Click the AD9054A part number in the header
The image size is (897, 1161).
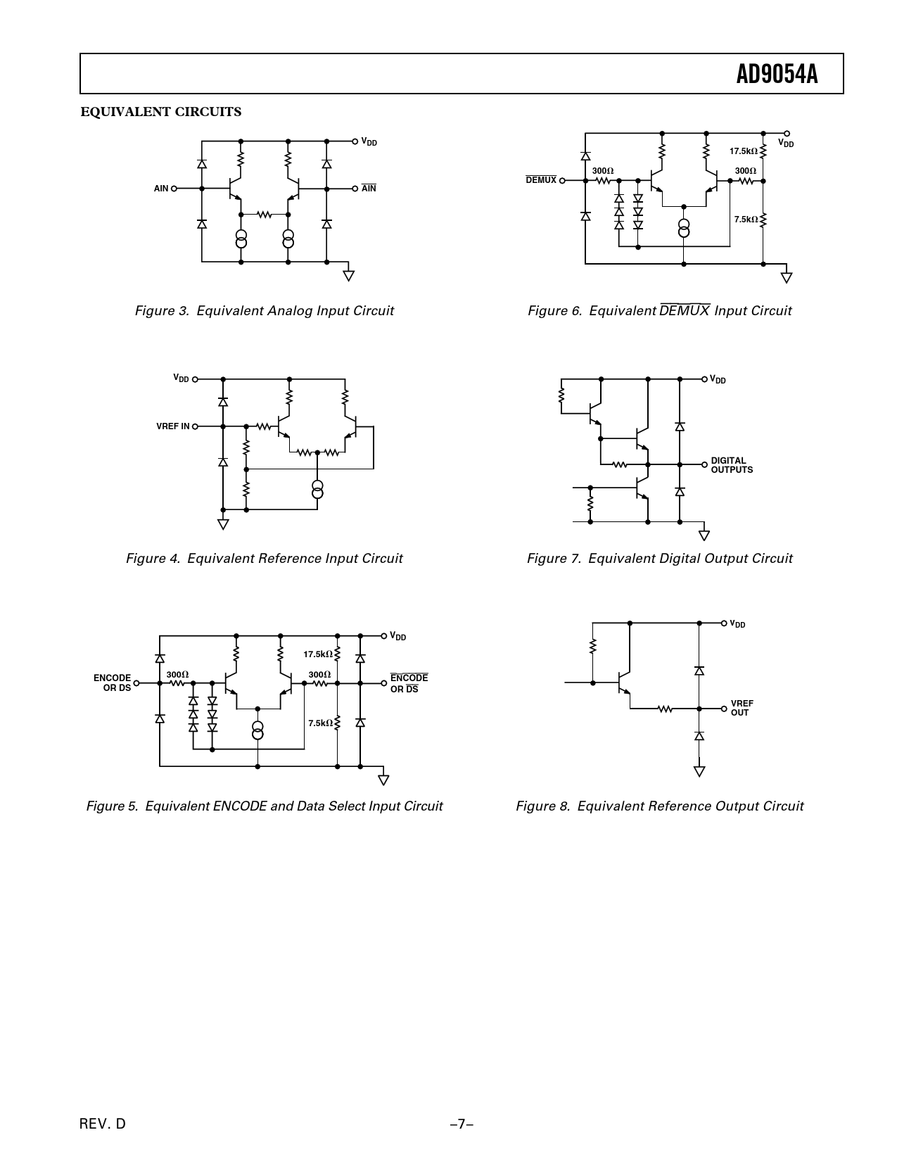click(x=777, y=75)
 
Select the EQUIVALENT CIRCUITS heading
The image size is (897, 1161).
click(x=161, y=112)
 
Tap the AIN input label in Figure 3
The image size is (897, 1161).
click(x=161, y=189)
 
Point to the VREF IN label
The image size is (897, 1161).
click(x=172, y=426)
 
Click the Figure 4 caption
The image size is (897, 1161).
click(x=264, y=558)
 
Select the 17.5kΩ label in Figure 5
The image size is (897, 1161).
click(x=318, y=654)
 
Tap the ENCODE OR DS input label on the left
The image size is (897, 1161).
click(x=112, y=683)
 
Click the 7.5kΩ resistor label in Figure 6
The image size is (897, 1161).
click(x=746, y=219)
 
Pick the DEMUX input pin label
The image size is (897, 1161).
click(x=541, y=180)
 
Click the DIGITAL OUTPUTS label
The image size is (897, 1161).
click(x=732, y=465)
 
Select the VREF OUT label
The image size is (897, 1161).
click(x=742, y=708)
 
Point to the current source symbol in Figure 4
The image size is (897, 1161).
click(x=317, y=489)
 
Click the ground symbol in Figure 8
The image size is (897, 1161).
click(x=699, y=771)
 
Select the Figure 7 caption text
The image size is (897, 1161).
click(x=659, y=558)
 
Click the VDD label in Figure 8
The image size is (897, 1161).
click(x=737, y=624)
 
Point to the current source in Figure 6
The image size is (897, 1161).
click(x=684, y=227)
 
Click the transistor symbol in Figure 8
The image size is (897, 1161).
click(x=623, y=683)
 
